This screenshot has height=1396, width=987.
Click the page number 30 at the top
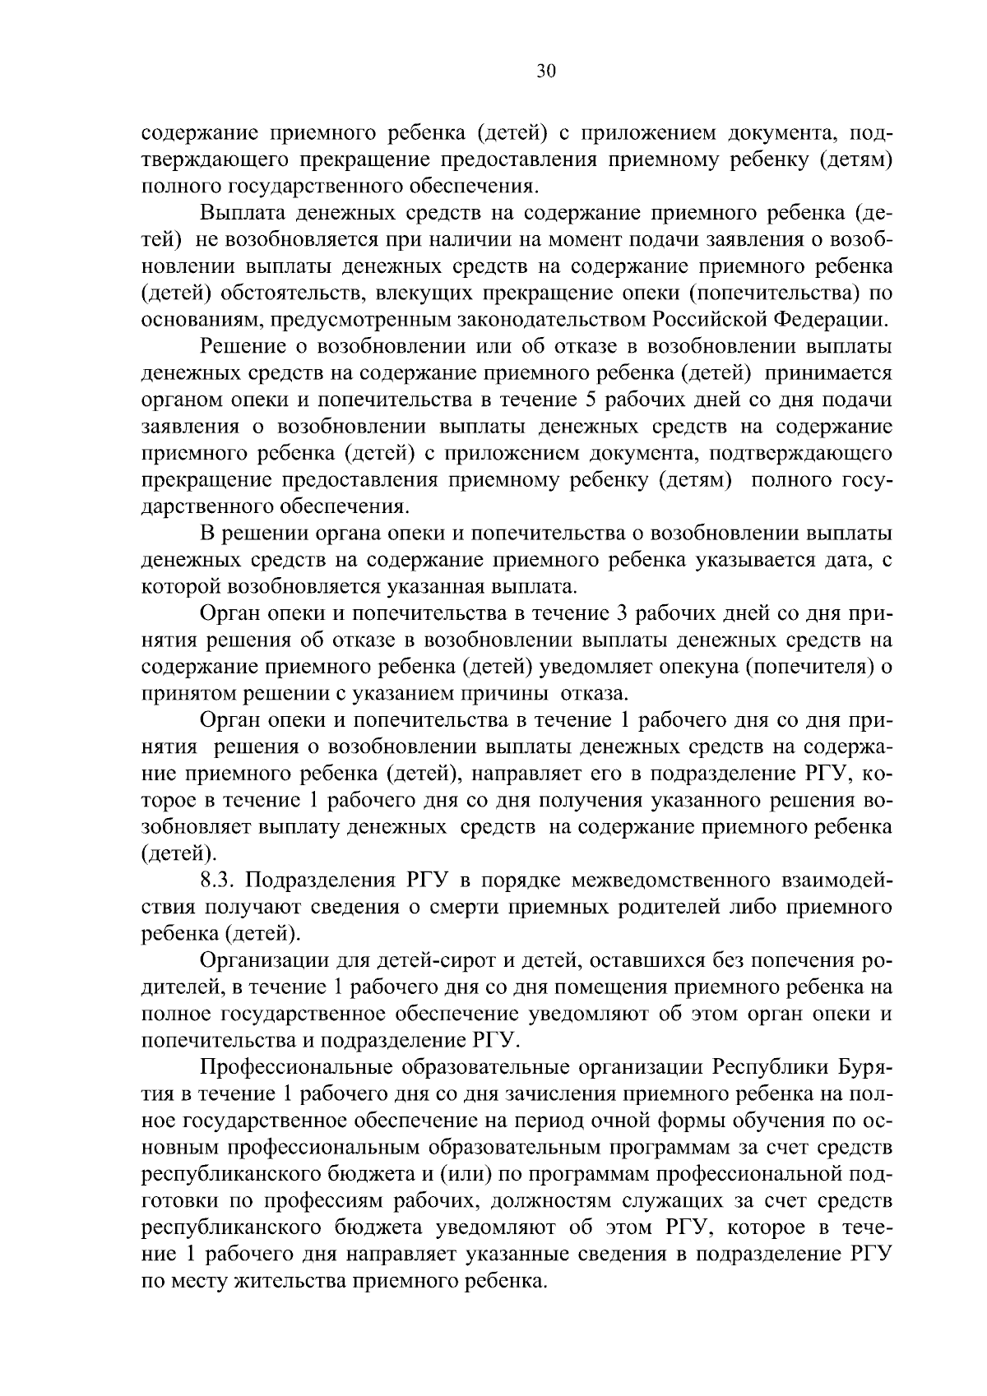(x=546, y=72)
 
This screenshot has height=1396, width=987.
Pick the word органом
(x=178, y=400)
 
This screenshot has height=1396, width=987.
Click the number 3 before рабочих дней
(x=622, y=614)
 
